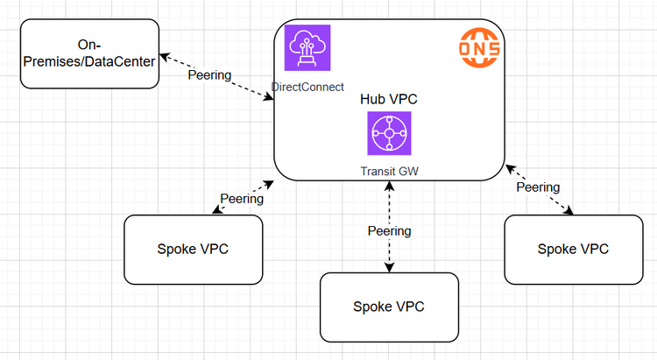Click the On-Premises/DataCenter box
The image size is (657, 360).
point(90,53)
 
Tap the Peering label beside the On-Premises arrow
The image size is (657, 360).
point(209,74)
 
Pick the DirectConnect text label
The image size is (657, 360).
point(307,87)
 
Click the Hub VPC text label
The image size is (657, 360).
point(389,100)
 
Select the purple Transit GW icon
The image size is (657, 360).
point(389,133)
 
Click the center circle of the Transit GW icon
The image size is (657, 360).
point(389,133)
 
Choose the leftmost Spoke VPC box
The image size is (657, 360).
point(194,249)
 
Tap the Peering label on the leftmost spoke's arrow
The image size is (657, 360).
point(241,199)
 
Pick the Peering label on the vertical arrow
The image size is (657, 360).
point(389,231)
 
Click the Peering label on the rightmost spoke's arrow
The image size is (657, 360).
point(538,187)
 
